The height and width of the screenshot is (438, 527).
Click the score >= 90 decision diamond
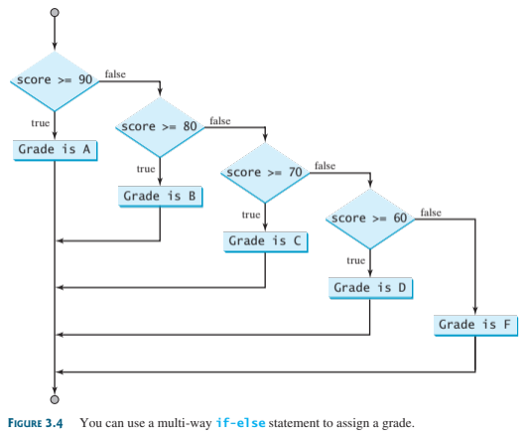coord(55,81)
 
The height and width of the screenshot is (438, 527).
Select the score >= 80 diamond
coord(160,127)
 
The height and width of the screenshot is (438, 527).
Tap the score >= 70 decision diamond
coord(265,173)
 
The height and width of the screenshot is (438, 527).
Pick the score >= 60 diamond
coord(370,219)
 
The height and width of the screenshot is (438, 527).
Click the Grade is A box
coord(56,150)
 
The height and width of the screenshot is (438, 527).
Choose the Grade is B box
coord(161,197)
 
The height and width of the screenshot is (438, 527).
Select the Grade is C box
coord(266,241)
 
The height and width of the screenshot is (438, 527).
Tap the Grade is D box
coord(370,288)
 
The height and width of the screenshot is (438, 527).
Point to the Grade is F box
coord(475,326)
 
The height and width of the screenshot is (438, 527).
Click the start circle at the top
coord(55,13)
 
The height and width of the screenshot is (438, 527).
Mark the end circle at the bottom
coord(55,399)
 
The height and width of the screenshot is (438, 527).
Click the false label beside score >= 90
coord(115,74)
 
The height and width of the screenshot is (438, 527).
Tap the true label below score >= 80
coord(146,169)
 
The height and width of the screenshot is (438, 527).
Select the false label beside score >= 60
coord(431,213)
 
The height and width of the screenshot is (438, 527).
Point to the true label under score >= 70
coord(251,215)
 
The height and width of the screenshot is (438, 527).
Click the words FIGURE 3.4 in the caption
coord(36,423)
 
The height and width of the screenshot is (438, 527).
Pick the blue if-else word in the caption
coord(240,422)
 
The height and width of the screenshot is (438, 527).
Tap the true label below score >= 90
coord(41,123)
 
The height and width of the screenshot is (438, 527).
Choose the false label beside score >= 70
coord(325,166)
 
